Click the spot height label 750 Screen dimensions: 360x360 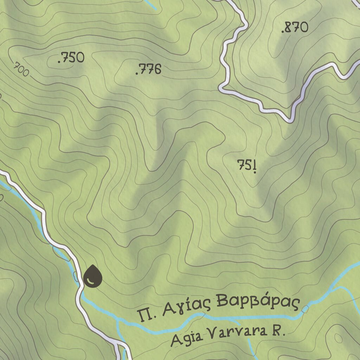[x=71, y=58]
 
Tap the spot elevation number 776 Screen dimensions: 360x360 [x=149, y=70]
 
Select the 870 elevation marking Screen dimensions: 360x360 [x=295, y=27]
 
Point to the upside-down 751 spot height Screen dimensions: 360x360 [x=247, y=165]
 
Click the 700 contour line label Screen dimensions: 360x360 [x=21, y=69]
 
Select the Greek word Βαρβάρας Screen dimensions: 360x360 [x=258, y=302]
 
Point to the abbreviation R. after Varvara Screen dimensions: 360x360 [x=278, y=331]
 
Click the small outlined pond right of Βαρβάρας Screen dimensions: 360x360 [x=305, y=309]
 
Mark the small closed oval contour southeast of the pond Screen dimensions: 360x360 [x=338, y=338]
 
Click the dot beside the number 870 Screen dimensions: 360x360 [x=283, y=32]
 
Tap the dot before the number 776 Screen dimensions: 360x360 [x=137, y=73]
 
